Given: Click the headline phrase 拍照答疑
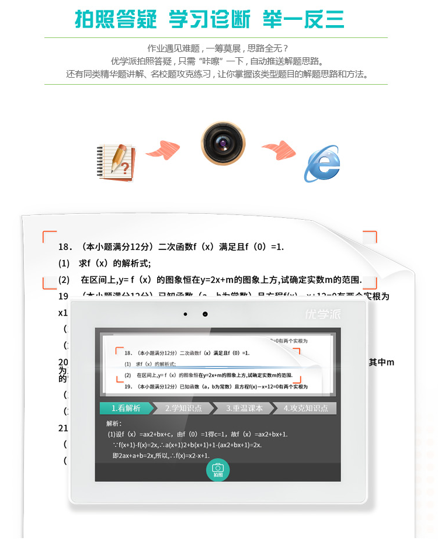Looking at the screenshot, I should (x=116, y=19).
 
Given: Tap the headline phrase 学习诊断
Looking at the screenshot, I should (x=210, y=19).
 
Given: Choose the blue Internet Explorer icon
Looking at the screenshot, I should (x=321, y=164).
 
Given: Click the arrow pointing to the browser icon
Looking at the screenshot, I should (x=279, y=150).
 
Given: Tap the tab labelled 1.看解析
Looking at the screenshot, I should (x=126, y=408).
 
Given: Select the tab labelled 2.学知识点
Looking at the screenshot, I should (x=183, y=408).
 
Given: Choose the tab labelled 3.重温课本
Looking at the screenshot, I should (x=244, y=408).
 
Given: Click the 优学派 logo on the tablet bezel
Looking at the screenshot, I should (x=323, y=314).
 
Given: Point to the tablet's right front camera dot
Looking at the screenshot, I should (x=205, y=314).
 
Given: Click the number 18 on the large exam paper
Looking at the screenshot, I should (x=64, y=247).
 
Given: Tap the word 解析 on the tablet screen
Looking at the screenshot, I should (x=114, y=423).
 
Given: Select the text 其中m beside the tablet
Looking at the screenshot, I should (x=381, y=362).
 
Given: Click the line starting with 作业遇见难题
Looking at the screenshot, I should (x=218, y=48).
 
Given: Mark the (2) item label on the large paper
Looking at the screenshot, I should (x=64, y=280).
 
